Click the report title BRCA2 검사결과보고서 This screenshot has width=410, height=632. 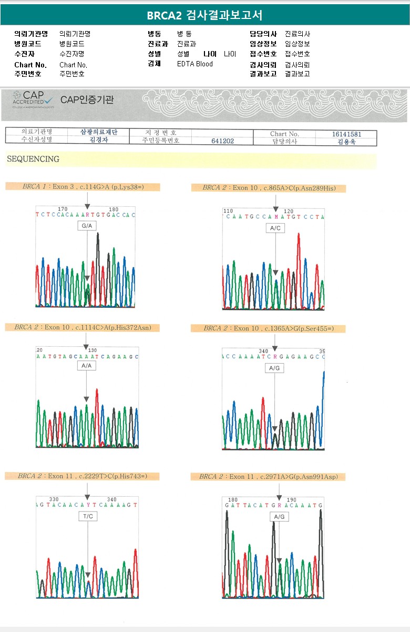click(204, 15)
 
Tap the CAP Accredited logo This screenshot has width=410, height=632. click(34, 99)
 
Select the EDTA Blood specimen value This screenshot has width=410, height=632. click(195, 64)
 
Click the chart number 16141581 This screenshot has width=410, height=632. click(346, 134)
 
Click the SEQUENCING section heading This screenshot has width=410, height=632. click(33, 159)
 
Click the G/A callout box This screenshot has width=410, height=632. click(87, 226)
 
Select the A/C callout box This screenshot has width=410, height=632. click(275, 228)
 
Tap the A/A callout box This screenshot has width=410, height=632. click(87, 365)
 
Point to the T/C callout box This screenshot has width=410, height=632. click(87, 516)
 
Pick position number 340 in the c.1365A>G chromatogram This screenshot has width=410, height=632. click(263, 351)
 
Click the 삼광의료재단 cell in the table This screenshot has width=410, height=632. click(99, 133)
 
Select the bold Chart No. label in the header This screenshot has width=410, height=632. click(30, 65)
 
